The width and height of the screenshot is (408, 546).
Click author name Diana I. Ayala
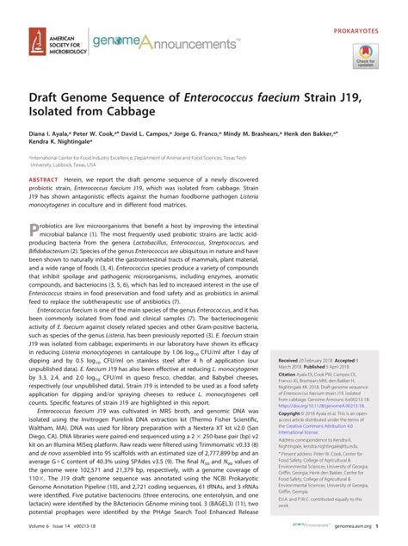point(53,137)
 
